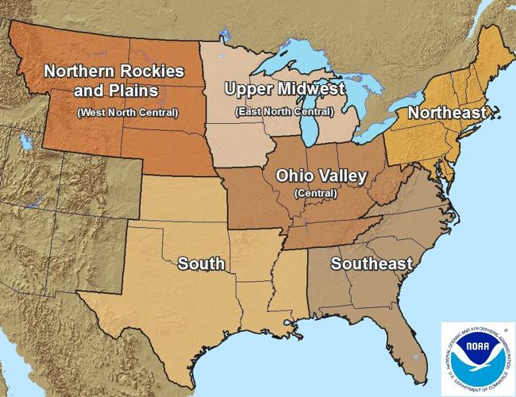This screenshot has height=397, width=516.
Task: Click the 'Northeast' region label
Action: [446, 114]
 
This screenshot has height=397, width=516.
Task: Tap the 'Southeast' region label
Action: [372, 263]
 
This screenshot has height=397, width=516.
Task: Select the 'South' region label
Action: [201, 263]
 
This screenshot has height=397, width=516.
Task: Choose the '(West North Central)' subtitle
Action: [127, 112]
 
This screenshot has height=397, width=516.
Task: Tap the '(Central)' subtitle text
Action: [315, 193]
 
